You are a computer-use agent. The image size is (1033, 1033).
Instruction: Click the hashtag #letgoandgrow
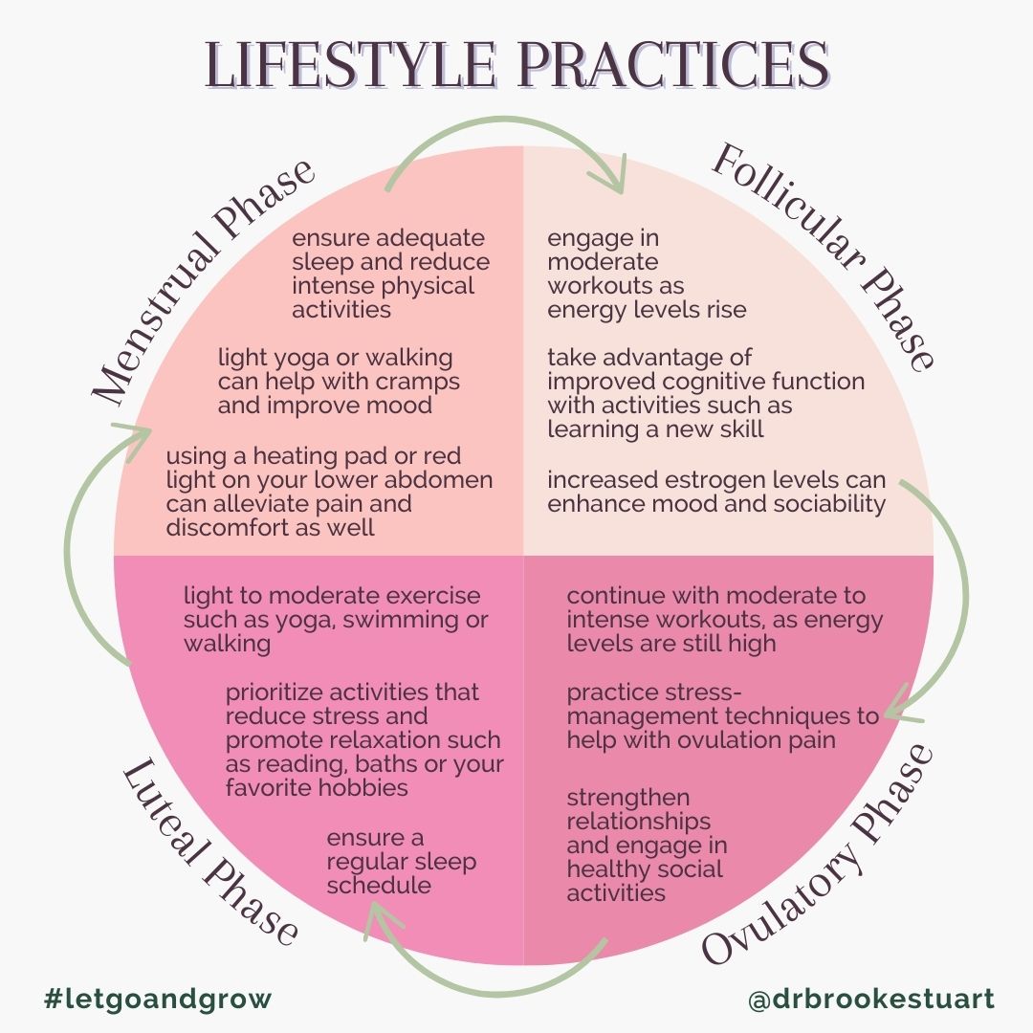coord(158,1000)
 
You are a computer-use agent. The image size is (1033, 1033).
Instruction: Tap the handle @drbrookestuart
coord(871,1000)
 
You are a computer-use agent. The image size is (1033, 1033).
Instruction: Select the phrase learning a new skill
coord(655,429)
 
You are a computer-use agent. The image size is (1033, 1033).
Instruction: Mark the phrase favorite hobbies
coord(317,788)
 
